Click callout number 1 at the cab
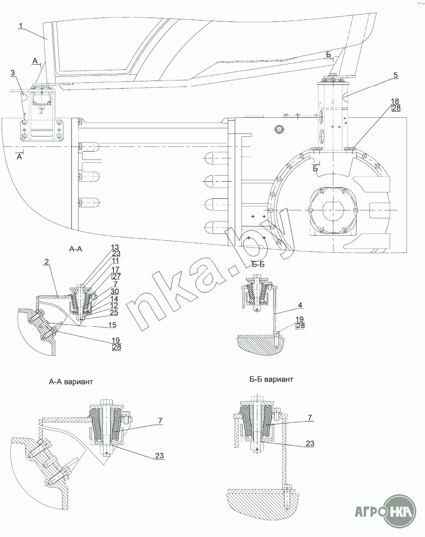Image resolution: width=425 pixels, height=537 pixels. tap(21, 26)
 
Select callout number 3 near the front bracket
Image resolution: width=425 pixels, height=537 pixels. tap(13, 73)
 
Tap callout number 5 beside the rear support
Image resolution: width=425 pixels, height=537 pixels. tap(395, 75)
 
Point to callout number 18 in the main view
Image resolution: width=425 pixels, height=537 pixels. tap(395, 101)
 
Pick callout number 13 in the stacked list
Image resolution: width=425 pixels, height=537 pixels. tap(115, 247)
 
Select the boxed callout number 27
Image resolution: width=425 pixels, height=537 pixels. tap(116, 276)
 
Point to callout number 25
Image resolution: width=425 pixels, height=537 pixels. tap(114, 312)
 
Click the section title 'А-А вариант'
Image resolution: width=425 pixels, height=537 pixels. tap(71, 382)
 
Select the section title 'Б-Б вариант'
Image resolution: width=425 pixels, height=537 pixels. tap(271, 380)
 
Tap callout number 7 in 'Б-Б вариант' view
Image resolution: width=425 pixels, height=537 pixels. tap(310, 417)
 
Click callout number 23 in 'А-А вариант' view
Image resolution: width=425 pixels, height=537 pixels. tap(159, 456)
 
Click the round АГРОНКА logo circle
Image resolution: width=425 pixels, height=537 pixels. tap(401, 510)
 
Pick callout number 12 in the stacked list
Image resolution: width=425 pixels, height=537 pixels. tap(114, 305)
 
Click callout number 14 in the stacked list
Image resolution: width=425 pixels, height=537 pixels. tap(114, 299)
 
